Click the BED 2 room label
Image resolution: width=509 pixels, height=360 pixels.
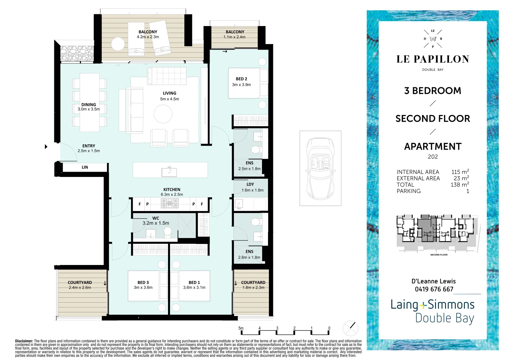coord(241,79)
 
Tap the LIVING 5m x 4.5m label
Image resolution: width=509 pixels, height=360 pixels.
coord(170,96)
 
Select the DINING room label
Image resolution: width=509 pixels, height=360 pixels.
coord(89,105)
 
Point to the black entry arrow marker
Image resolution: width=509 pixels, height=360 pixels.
coord(46,147)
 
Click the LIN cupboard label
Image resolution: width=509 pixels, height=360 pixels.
coord(85,167)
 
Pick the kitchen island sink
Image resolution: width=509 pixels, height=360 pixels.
coord(169,172)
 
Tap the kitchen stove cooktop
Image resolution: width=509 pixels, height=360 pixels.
coord(170,203)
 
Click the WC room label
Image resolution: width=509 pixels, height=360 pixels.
coord(156,218)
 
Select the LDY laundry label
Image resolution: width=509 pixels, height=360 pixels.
coord(250,184)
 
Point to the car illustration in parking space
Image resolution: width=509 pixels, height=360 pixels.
coord(320,168)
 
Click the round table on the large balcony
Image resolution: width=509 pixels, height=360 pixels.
coord(118,44)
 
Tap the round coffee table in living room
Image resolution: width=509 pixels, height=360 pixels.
coord(163,114)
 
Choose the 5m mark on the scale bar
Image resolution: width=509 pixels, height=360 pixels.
coord(241,328)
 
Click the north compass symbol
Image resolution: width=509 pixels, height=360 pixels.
coord(350,328)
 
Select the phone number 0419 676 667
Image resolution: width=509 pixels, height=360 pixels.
coord(434,289)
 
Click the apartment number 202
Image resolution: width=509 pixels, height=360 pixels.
coord(433,157)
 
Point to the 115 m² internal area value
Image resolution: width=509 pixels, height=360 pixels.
coord(460,172)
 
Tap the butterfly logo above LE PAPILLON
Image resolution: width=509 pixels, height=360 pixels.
coord(433,39)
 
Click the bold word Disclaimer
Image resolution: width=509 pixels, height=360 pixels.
coord(24,341)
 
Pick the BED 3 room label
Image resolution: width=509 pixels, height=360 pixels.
coord(143,283)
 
